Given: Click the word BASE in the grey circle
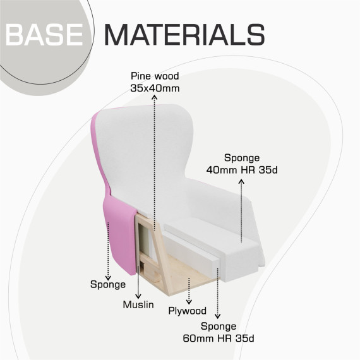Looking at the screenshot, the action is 44,35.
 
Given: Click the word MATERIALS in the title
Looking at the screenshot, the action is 185,35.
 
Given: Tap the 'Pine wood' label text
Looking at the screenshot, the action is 155,76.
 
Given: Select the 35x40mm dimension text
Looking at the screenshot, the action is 155,88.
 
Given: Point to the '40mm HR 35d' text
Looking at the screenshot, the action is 242,170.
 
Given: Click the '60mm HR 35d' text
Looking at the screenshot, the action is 219,339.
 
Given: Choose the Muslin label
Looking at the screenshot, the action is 138,304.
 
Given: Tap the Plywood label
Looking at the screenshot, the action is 188,311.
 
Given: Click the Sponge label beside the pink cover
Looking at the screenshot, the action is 108,285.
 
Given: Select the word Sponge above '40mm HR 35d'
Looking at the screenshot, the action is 242,158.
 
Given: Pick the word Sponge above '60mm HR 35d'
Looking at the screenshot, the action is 219,327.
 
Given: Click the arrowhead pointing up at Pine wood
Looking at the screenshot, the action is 155,97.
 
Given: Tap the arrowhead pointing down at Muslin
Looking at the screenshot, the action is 138,296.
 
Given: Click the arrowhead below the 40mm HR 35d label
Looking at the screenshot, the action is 241,182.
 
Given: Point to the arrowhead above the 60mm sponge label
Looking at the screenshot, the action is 218,316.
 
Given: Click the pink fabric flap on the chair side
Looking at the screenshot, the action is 119,234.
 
